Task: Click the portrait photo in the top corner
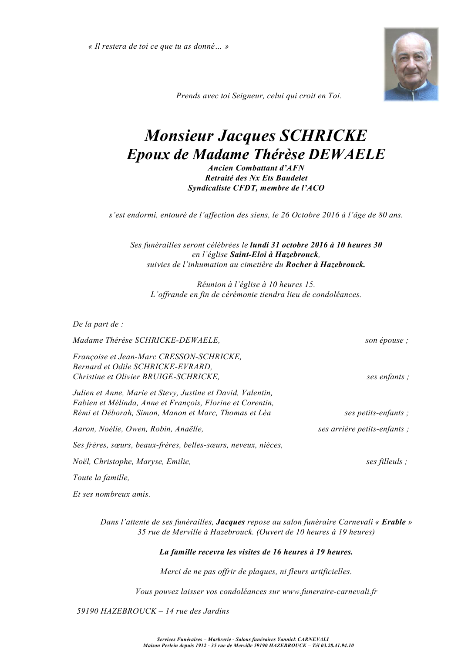click(411, 64)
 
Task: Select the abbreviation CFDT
click(239, 188)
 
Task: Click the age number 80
click(382, 215)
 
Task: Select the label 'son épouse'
click(386, 341)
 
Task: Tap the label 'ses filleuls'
click(386, 462)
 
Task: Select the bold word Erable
click(394, 522)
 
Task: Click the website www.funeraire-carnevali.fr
click(330, 591)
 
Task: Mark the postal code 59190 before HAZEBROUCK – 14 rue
click(88, 611)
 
